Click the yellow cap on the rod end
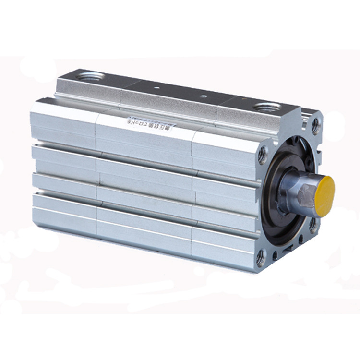point(325,195)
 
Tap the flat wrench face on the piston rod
point(305,196)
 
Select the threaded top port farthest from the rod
point(91,76)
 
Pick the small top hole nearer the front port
point(204,96)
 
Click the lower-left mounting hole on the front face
point(261,258)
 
